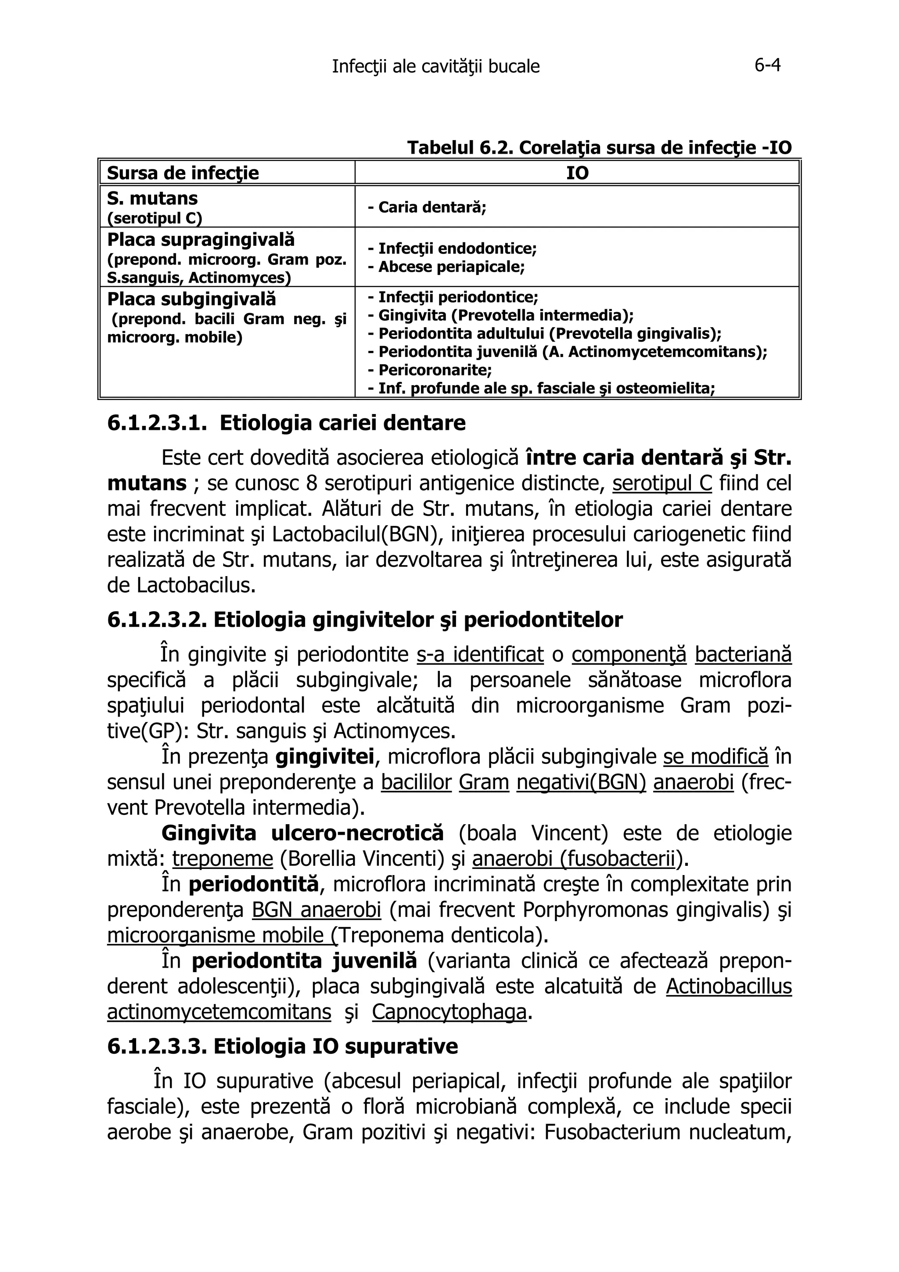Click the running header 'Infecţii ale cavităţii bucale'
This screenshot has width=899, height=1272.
[x=435, y=67]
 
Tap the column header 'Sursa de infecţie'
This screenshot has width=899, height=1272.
[x=183, y=173]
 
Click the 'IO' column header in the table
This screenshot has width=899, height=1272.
[x=577, y=173]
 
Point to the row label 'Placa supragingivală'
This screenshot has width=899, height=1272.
[x=201, y=240]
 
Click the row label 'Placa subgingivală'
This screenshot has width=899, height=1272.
[x=191, y=299]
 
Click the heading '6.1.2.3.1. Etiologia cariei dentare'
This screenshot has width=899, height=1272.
[x=286, y=423]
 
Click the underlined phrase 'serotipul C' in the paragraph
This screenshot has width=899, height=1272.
[x=662, y=483]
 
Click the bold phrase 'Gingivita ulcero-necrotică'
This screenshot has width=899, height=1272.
[x=302, y=832]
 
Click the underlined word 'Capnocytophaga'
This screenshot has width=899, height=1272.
[x=449, y=1012]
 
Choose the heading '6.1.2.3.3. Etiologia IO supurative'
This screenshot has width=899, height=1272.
[x=283, y=1046]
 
